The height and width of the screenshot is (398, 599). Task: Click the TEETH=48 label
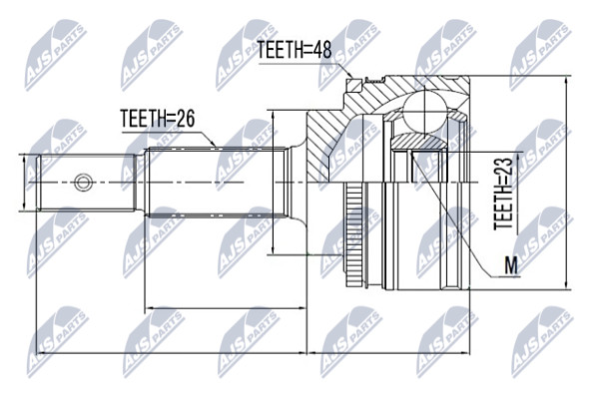click(x=295, y=50)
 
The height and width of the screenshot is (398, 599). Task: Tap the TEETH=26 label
click(x=158, y=119)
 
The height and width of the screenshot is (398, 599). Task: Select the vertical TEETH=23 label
click(x=503, y=194)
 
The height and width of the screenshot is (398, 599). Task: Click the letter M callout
click(x=511, y=265)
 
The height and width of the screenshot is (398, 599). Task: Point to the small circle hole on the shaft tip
click(x=83, y=182)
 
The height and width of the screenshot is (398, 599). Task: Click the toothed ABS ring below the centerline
click(x=354, y=234)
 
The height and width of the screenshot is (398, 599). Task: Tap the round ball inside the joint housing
click(x=424, y=113)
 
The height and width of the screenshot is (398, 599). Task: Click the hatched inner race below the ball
click(x=420, y=142)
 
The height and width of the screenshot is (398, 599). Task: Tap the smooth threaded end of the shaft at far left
click(x=86, y=182)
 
